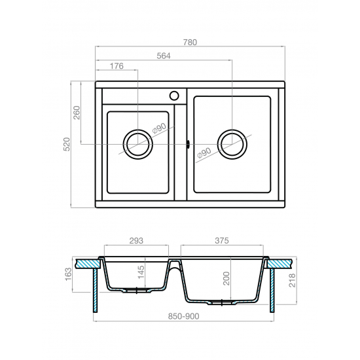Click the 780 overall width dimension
coord(190,43)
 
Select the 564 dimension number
coord(164,56)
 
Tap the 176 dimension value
coord(117,66)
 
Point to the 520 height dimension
coord(66,144)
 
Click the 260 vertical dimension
coord(77,113)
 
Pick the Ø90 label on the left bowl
coord(159,128)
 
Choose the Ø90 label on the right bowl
coord(204,153)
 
